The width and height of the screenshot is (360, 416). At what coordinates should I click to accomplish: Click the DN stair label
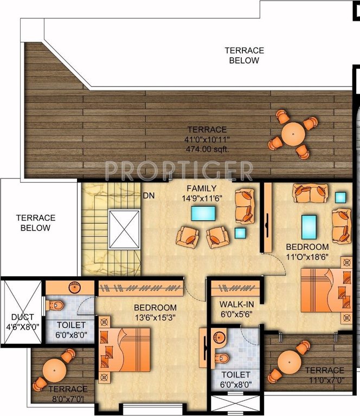(149, 196)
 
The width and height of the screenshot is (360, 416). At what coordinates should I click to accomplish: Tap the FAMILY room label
(198, 188)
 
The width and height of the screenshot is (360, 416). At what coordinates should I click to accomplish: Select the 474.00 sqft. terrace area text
(208, 149)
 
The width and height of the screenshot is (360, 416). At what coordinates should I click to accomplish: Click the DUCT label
(22, 317)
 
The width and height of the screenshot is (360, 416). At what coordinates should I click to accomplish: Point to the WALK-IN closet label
(237, 303)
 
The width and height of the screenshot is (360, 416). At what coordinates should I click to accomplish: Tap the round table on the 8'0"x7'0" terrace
(54, 370)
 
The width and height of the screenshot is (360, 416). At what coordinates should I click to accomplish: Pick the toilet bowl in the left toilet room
(56, 306)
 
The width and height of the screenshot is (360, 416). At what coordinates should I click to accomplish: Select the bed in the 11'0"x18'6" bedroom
(322, 290)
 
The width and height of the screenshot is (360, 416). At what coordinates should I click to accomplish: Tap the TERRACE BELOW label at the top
(244, 55)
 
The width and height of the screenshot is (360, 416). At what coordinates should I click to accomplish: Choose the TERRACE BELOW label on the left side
(35, 223)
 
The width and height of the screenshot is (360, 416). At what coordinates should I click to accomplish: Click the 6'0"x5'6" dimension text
(237, 314)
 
